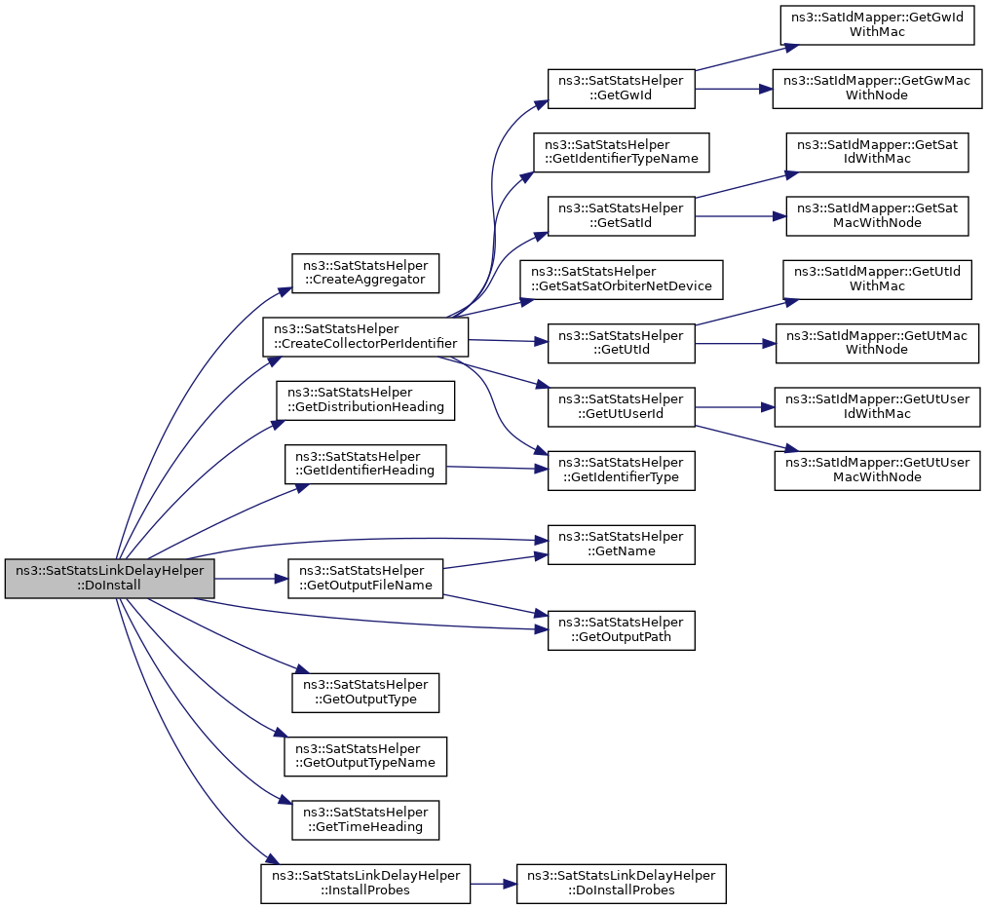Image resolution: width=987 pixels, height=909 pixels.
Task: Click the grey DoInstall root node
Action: click(x=109, y=579)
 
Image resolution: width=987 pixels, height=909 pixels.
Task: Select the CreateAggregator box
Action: click(x=365, y=273)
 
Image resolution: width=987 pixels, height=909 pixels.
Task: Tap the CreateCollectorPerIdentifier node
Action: click(x=365, y=337)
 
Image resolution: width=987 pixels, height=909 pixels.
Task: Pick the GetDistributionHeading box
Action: click(x=365, y=400)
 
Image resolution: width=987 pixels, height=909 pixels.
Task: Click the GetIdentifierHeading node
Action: click(x=365, y=465)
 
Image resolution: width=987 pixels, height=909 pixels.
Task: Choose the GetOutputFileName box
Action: click(x=365, y=579)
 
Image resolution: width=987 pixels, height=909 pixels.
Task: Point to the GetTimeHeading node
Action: click(x=365, y=820)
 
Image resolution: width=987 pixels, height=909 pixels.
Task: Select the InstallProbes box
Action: click(x=365, y=884)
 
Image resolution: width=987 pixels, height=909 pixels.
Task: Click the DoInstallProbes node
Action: click(x=621, y=884)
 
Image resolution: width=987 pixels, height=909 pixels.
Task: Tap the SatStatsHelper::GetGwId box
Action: click(x=622, y=89)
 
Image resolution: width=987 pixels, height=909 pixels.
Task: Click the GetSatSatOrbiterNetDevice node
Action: click(x=622, y=280)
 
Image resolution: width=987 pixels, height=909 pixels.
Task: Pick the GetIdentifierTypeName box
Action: click(x=622, y=152)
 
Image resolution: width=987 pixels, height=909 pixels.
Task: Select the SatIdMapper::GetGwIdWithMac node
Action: click(x=877, y=25)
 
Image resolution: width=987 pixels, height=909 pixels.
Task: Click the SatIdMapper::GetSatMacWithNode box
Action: click(x=877, y=216)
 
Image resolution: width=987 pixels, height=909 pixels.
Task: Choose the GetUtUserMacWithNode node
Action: click(x=877, y=471)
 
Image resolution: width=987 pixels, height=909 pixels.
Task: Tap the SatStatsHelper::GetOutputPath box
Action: click(x=622, y=630)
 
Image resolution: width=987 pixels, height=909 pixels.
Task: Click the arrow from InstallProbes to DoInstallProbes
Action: click(x=493, y=884)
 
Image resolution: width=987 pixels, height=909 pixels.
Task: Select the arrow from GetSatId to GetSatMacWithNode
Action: click(x=740, y=216)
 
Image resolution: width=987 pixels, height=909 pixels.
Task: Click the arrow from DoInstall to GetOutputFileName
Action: click(x=251, y=579)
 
